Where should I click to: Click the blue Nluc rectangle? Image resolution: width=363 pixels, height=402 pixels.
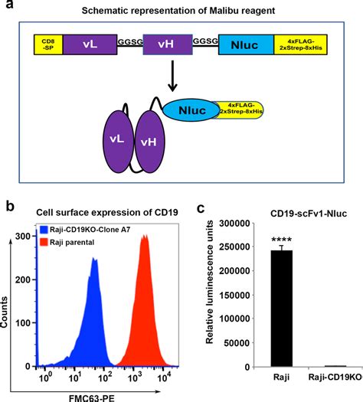point(247,47)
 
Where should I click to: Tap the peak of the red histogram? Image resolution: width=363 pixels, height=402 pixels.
point(143,238)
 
